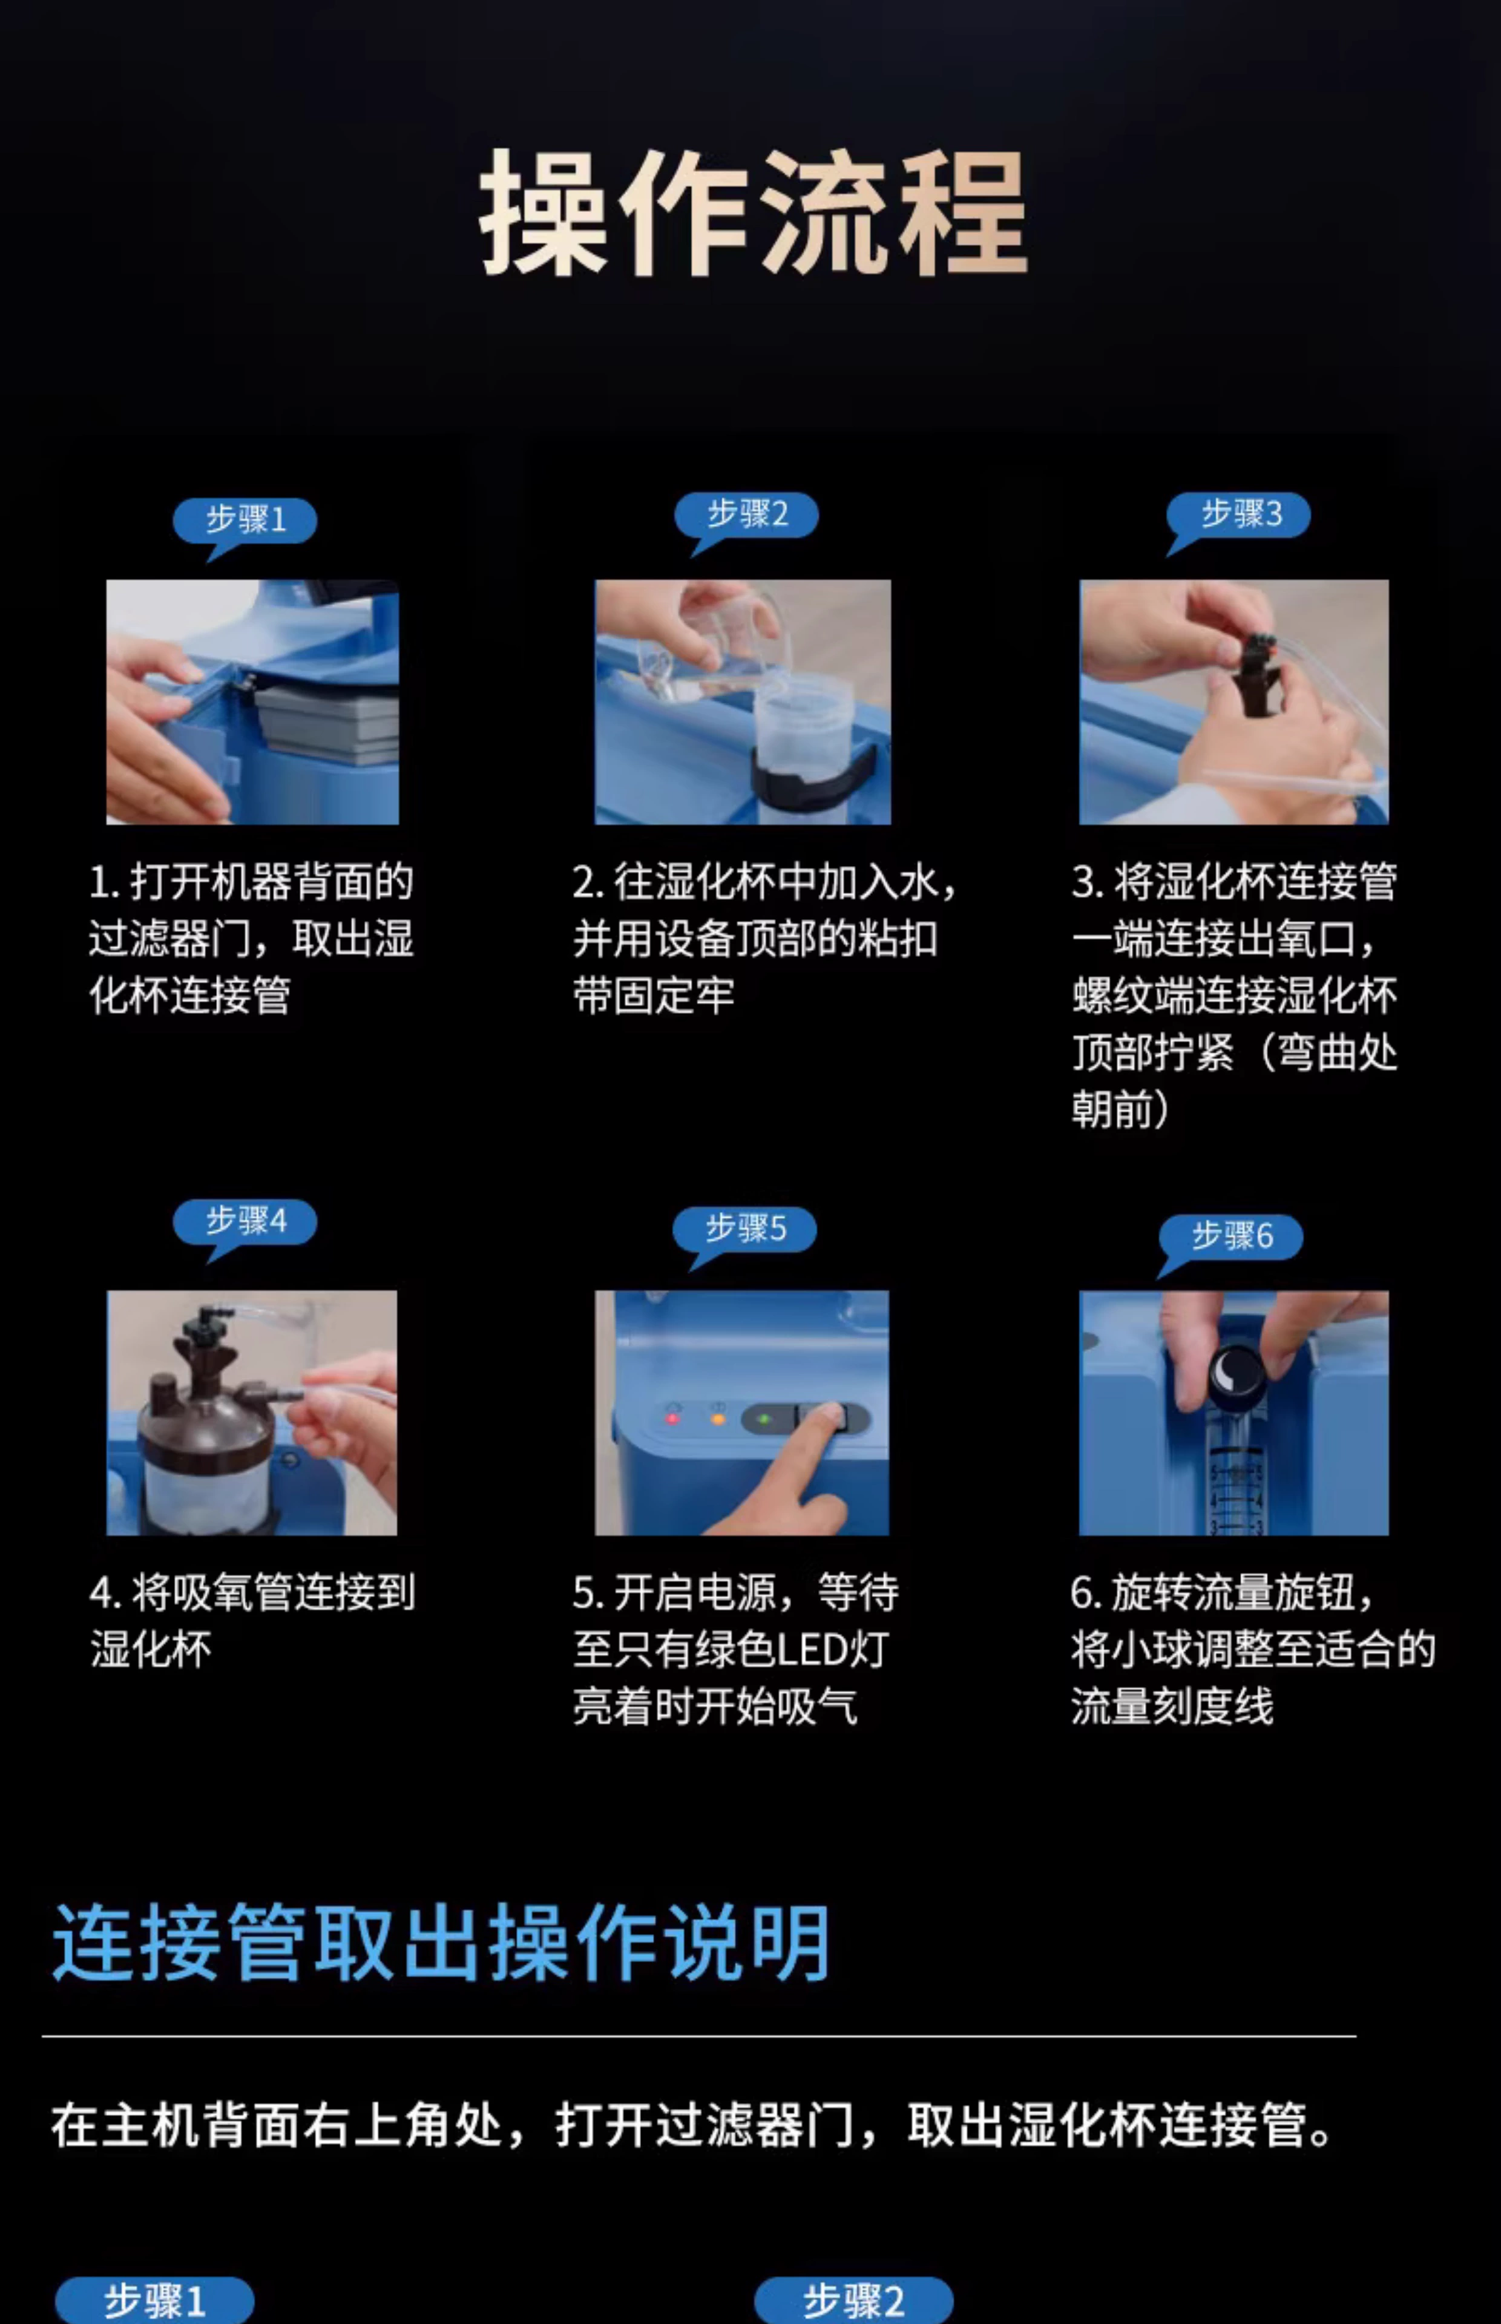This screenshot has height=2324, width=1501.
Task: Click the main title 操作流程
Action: (x=752, y=214)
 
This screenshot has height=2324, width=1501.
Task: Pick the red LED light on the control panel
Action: (x=672, y=1418)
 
